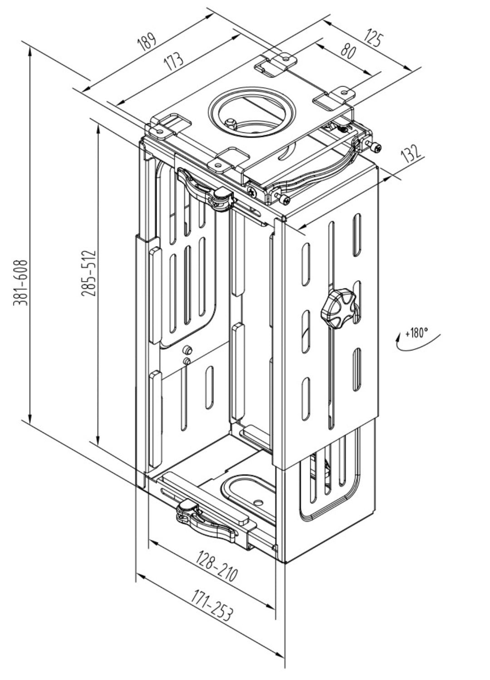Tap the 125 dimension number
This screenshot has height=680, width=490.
(x=372, y=39)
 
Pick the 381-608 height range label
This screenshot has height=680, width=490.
(x=21, y=282)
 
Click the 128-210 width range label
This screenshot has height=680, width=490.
(x=217, y=565)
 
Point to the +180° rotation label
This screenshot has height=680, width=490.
(x=416, y=333)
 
